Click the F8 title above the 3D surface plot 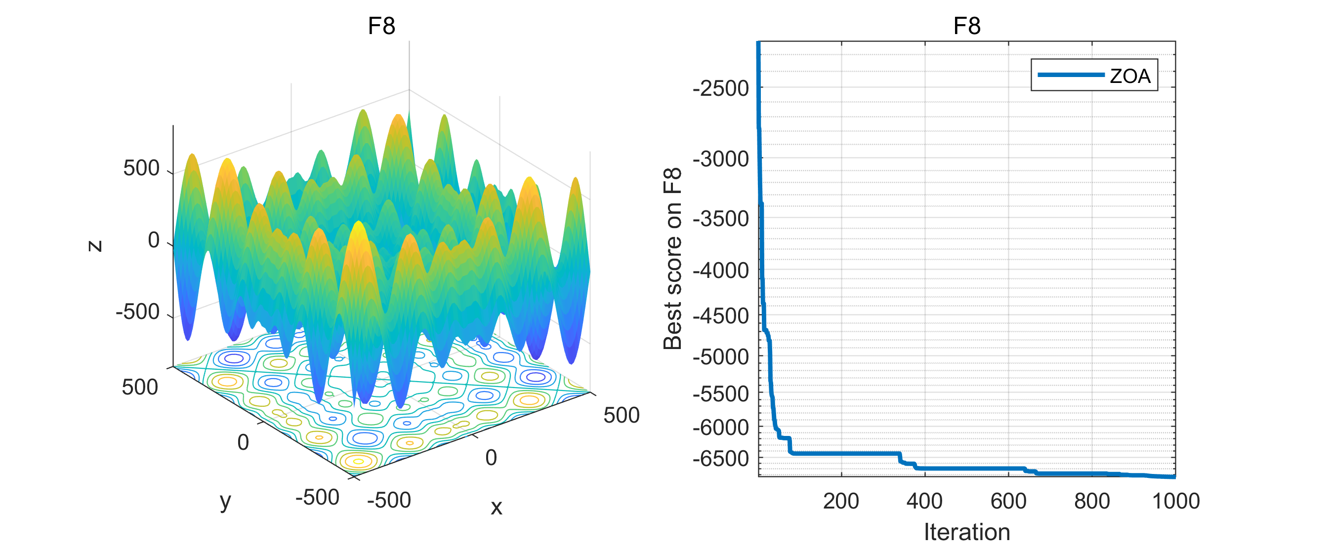(381, 26)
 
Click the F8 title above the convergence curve (966, 26)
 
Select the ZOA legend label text (1130, 76)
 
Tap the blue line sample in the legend (1071, 75)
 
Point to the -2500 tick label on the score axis (721, 88)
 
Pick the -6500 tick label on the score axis (721, 458)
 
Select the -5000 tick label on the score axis (721, 356)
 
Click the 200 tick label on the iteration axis (841, 501)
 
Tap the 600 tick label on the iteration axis (1008, 501)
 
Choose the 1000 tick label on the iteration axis (1176, 501)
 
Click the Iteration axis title (966, 532)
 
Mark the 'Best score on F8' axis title (673, 259)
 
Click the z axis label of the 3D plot (94, 246)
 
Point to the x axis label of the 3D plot (496, 507)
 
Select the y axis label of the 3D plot (226, 500)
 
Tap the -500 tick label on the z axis (138, 312)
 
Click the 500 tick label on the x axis (621, 415)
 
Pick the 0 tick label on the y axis (243, 442)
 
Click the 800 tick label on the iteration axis (1092, 501)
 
